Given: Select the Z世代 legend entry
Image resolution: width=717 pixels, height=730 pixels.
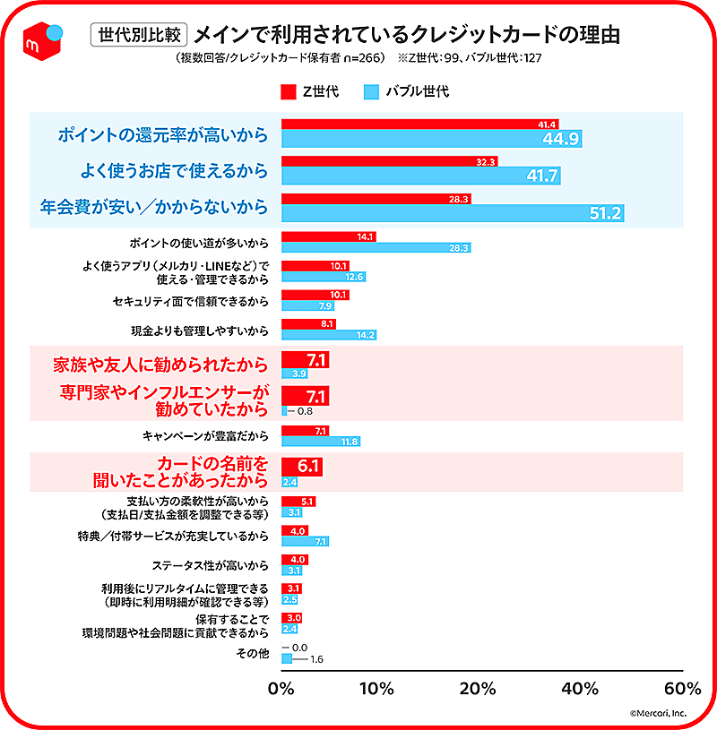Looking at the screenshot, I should pyautogui.click(x=308, y=91).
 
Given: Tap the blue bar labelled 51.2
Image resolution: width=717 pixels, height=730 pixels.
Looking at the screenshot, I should pyautogui.click(x=452, y=213).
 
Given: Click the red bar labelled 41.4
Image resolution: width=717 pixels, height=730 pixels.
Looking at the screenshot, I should pyautogui.click(x=421, y=124).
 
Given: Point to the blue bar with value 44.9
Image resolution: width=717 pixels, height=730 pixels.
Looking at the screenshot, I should pyautogui.click(x=431, y=138).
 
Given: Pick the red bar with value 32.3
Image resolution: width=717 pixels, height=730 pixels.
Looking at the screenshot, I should pyautogui.click(x=389, y=161).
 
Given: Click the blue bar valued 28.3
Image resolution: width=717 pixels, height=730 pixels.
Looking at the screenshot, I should pyautogui.click(x=376, y=247).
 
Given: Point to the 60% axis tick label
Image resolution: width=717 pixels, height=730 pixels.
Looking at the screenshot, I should pyautogui.click(x=682, y=688).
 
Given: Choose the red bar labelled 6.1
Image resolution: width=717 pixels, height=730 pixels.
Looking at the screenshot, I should pyautogui.click(x=301, y=467).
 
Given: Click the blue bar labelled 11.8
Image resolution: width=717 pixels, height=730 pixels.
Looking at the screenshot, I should pyautogui.click(x=320, y=442).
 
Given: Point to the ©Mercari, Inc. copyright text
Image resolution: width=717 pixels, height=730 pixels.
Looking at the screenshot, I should pyautogui.click(x=657, y=713).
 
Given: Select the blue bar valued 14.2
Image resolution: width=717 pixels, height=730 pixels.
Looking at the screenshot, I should pyautogui.click(x=328, y=335).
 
